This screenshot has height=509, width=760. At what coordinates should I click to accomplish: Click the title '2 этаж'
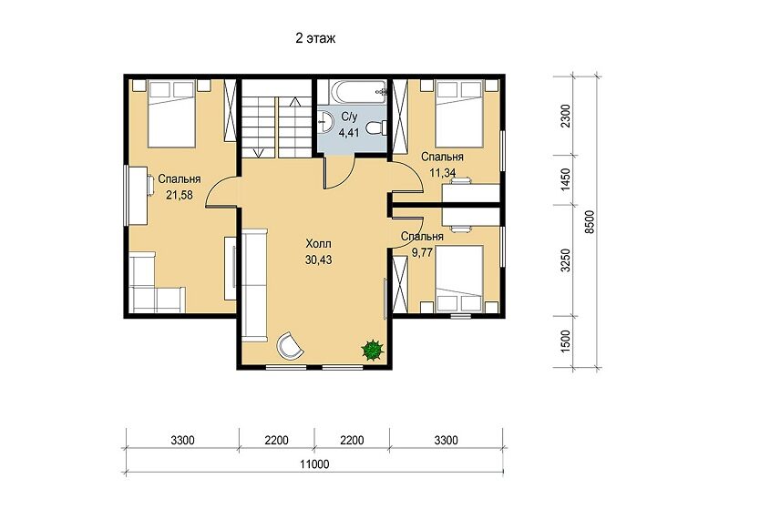(315, 38)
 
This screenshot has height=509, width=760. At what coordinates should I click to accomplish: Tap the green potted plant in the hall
(373, 350)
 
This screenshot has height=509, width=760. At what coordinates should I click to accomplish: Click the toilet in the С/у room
(376, 127)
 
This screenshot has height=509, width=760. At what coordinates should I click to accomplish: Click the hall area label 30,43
(318, 260)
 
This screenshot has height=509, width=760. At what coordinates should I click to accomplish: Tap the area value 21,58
(180, 195)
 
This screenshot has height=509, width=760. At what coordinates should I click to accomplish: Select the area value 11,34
(442, 172)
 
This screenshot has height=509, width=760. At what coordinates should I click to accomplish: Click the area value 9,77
(422, 252)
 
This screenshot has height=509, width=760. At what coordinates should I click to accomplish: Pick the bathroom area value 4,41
(348, 132)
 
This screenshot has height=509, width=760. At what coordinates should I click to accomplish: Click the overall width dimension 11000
(314, 464)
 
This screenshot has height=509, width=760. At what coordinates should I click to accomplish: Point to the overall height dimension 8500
(589, 222)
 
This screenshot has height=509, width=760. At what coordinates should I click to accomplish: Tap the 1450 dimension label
(565, 179)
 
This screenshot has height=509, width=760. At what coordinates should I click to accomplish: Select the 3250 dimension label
(565, 260)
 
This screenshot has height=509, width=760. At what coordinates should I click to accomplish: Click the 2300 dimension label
(565, 116)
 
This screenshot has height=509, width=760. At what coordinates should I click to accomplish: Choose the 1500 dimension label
(565, 341)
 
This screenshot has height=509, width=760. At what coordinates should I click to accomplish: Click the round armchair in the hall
(290, 346)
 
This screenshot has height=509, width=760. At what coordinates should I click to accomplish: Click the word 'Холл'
(318, 244)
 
